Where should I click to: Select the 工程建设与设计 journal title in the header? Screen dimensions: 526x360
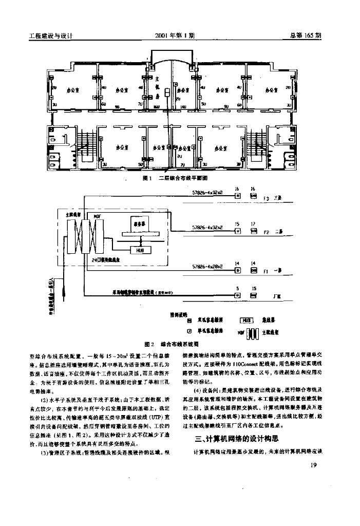click(50, 36)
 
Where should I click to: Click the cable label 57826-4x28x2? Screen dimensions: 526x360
click(207, 267)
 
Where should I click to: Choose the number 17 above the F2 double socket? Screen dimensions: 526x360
click(254, 223)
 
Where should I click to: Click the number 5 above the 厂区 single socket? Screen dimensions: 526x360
click(237, 288)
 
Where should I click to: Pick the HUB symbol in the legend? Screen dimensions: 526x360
click(245, 320)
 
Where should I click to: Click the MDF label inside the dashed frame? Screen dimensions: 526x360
click(97, 217)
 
